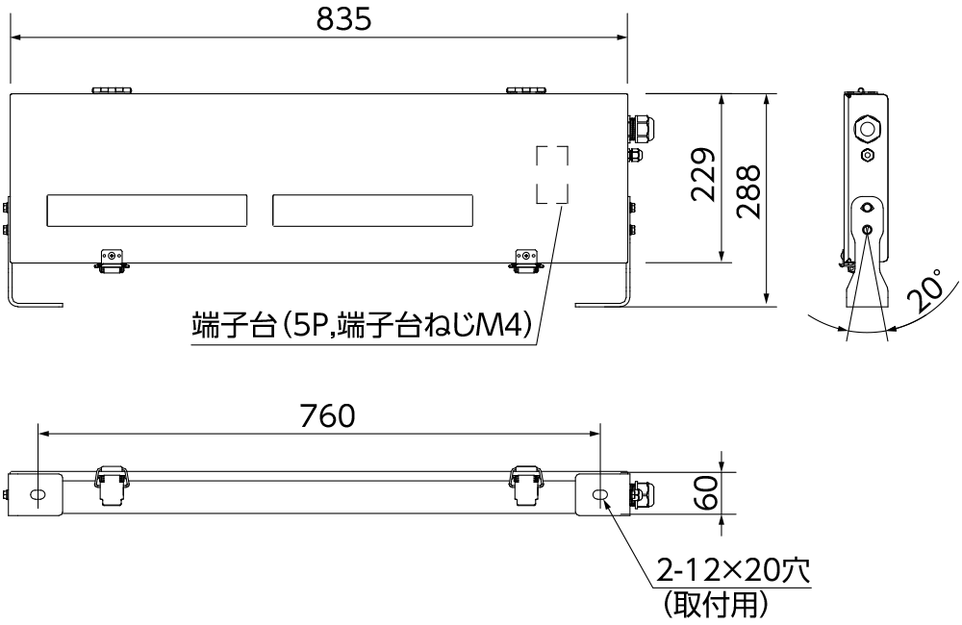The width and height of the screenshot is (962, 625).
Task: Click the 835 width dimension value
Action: [x=343, y=19]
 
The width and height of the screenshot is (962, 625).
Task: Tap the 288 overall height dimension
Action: [x=748, y=191]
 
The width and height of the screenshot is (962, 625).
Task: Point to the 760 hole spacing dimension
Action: [x=328, y=415]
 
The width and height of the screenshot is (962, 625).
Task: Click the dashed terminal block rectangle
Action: [x=552, y=174]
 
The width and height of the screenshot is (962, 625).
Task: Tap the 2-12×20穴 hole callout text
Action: [x=733, y=570]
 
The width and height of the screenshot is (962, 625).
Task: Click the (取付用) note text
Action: [x=716, y=604]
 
